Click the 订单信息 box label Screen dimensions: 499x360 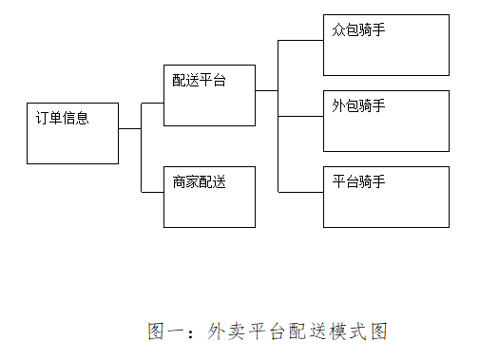[63, 118]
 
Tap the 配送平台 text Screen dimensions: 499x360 [200, 80]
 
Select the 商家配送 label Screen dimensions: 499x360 [200, 182]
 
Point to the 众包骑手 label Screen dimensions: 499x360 [358, 29]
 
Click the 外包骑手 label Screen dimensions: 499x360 [358, 105]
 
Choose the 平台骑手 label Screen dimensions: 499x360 [358, 181]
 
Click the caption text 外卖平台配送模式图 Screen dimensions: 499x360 [297, 332]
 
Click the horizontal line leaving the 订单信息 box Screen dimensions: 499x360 [130, 129]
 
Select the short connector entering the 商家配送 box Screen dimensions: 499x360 [152, 192]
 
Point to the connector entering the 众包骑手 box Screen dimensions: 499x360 [300, 41]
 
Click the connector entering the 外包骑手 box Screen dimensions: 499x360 [300, 117]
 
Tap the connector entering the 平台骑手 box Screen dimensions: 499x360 [300, 192]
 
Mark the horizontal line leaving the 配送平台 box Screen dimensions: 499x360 [267, 90]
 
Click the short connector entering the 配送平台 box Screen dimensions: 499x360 [152, 103]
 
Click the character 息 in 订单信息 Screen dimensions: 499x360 [83, 118]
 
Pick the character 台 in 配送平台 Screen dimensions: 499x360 [220, 80]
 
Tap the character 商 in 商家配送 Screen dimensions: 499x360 [180, 182]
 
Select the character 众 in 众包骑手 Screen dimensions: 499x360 [338, 29]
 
